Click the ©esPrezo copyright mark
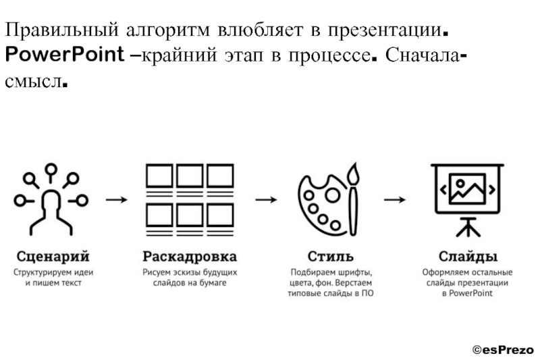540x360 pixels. click(x=502, y=350)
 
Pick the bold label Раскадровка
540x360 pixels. click(x=190, y=257)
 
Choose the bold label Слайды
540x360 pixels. click(x=468, y=257)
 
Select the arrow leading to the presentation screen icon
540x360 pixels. click(x=394, y=200)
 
